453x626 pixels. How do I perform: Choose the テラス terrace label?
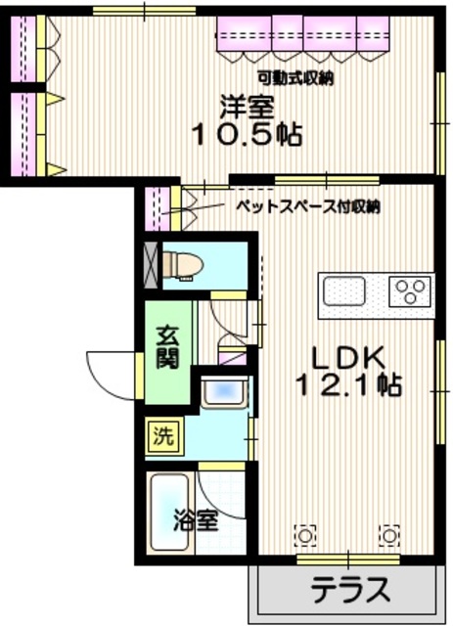click(x=351, y=590)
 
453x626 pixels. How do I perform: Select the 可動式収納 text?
click(x=294, y=78)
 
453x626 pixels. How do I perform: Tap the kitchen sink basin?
click(x=344, y=291)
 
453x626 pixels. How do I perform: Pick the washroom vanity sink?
click(x=224, y=395)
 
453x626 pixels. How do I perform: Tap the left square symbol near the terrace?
click(x=307, y=535)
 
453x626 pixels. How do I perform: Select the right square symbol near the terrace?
click(x=390, y=535)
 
